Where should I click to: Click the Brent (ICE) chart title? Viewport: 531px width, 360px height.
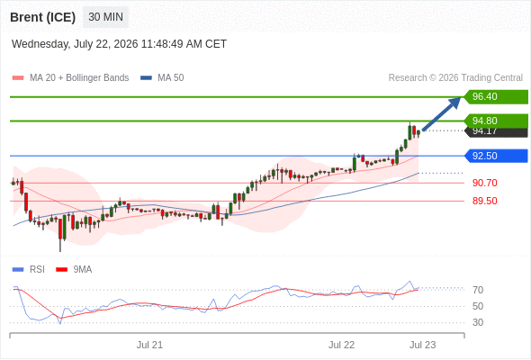click(x=42, y=17)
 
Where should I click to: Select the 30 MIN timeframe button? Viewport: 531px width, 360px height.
click(x=105, y=17)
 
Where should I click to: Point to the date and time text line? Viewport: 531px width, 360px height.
click(x=119, y=44)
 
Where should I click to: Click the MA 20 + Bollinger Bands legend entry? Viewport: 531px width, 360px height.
click(x=70, y=78)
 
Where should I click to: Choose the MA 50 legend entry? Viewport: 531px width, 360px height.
click(x=162, y=78)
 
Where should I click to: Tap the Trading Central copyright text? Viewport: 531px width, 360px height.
click(x=455, y=78)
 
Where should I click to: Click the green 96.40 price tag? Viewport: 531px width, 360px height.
click(x=496, y=97)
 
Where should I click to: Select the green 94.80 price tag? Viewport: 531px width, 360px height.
click(x=496, y=121)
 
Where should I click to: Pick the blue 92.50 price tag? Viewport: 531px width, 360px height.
click(x=496, y=156)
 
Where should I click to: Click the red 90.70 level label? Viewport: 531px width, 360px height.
click(x=484, y=183)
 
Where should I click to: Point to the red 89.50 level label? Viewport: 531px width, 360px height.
click(x=484, y=201)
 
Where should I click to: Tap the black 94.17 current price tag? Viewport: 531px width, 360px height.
click(x=496, y=132)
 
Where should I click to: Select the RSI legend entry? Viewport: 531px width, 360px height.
click(x=29, y=270)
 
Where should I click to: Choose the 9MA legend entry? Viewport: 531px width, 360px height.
click(x=74, y=270)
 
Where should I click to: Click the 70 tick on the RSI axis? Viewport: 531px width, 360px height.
click(x=478, y=290)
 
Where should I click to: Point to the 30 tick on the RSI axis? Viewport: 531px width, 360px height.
click(x=478, y=322)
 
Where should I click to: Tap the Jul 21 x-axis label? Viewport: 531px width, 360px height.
click(x=149, y=345)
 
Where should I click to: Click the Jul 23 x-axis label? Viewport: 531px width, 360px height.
click(x=423, y=345)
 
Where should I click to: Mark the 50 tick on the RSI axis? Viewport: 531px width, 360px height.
click(x=478, y=306)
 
